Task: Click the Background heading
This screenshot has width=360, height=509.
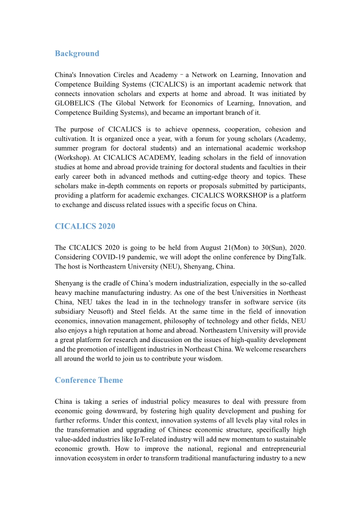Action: [77, 54]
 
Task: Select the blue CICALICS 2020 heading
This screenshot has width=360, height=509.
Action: [85, 226]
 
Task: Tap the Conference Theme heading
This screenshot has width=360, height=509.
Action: [89, 380]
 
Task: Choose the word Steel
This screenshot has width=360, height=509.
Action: [138, 312]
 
